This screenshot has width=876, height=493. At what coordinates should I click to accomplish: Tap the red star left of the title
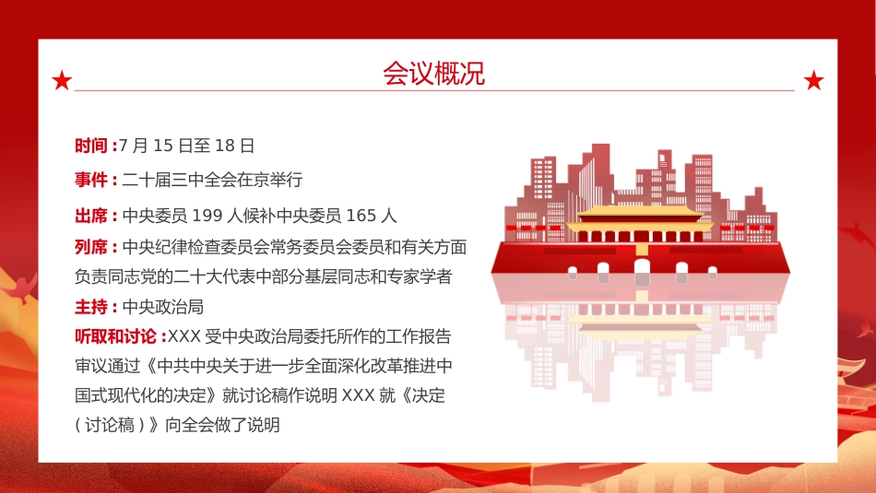point(62,81)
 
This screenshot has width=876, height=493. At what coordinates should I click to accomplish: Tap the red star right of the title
point(813,81)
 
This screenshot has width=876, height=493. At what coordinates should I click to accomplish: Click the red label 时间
point(91,146)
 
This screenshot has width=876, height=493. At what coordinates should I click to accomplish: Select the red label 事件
point(91,180)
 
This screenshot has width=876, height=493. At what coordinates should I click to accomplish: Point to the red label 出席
point(91,217)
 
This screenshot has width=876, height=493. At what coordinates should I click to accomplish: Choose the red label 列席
point(91,247)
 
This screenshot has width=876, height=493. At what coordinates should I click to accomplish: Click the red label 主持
point(91,307)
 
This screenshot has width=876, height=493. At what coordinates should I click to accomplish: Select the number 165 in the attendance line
point(362,217)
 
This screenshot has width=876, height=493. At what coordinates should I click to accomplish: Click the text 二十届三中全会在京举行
point(213,180)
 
